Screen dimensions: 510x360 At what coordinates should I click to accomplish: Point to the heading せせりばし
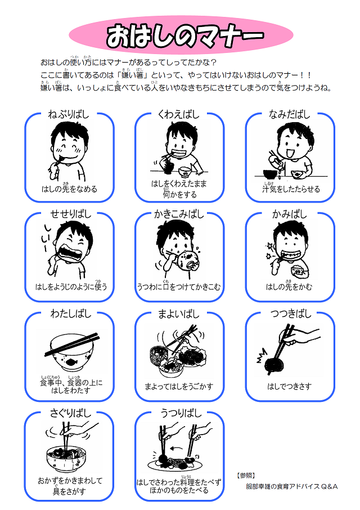[x=69, y=214]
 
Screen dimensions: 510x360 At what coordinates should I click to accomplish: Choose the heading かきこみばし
[x=179, y=214]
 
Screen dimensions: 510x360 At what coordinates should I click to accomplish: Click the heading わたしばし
[x=69, y=314]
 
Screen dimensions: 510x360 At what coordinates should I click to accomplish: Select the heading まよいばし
[x=179, y=314]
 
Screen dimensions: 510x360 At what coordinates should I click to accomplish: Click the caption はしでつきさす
[x=290, y=387]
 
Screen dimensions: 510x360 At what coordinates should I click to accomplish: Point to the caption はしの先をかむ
[x=290, y=287]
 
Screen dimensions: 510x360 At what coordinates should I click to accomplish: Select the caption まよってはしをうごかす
[x=179, y=387]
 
